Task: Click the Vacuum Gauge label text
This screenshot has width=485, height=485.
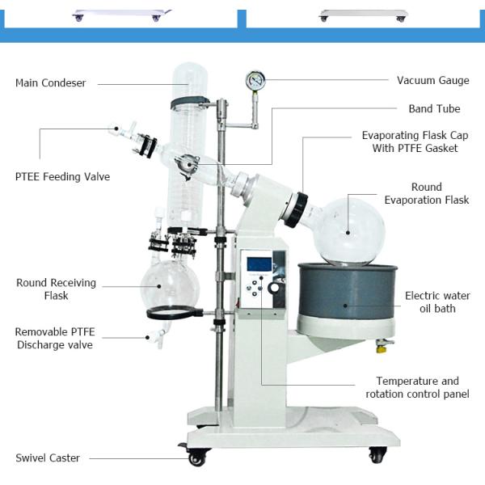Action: click(x=433, y=80)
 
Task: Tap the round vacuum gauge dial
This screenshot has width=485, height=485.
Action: click(x=255, y=80)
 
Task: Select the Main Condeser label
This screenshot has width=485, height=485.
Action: click(x=51, y=83)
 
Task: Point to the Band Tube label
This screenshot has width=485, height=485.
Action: click(x=434, y=109)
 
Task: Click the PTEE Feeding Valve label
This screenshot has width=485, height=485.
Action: click(x=62, y=176)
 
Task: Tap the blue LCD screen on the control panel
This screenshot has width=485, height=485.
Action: click(x=259, y=264)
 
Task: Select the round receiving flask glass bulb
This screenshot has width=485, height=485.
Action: click(x=170, y=284)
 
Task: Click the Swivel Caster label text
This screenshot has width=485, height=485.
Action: click(x=48, y=458)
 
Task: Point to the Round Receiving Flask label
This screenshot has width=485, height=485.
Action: click(x=56, y=289)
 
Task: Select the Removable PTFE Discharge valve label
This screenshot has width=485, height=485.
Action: click(x=55, y=339)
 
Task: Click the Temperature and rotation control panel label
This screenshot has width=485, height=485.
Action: click(x=418, y=387)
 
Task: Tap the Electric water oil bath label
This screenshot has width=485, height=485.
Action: click(x=437, y=302)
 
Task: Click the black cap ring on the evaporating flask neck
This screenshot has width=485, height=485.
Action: click(x=296, y=210)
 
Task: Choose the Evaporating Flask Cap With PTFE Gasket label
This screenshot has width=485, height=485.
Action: click(x=415, y=141)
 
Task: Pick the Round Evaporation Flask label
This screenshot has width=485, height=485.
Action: click(x=427, y=193)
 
